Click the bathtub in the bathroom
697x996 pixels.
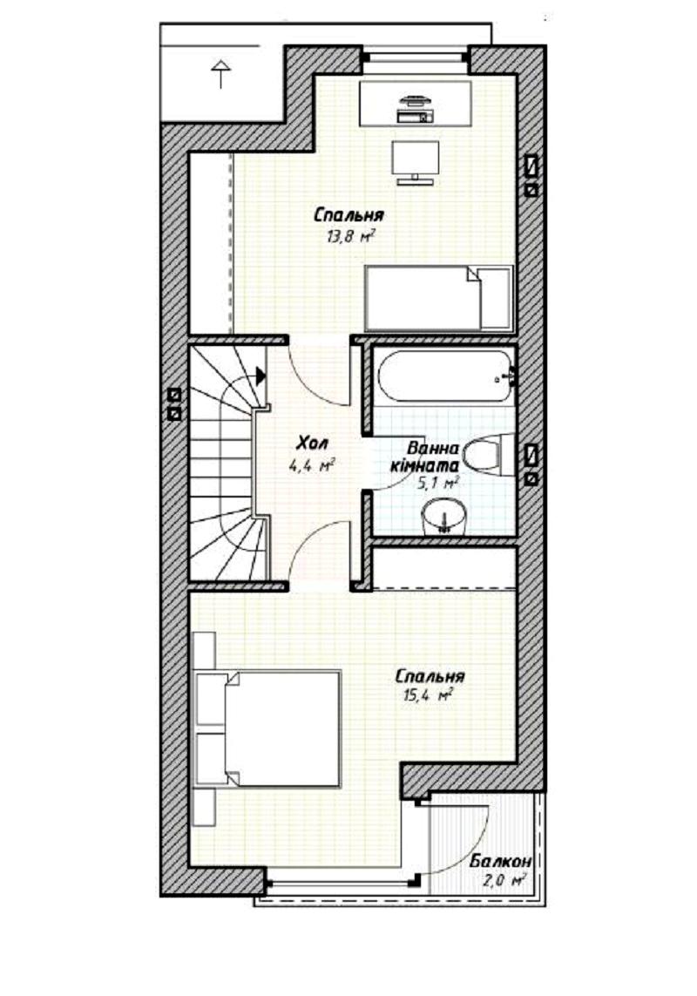444,376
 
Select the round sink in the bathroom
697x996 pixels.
444,516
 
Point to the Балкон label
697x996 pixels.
501,861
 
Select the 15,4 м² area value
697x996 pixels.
428,694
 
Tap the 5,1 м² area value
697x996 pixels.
437,484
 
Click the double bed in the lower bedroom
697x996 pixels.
269,729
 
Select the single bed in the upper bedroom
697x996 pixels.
438,299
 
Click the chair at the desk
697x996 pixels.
416,163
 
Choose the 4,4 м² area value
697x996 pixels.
312,465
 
